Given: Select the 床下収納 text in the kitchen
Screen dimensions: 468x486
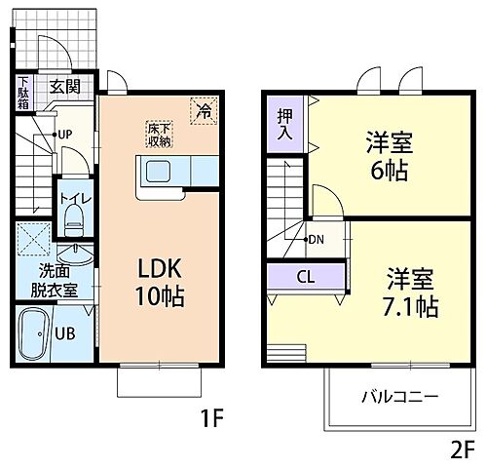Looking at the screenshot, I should click(160, 135).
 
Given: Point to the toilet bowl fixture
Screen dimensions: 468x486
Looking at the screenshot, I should click(72, 221).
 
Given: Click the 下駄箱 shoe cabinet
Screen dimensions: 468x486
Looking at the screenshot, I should click(22, 93).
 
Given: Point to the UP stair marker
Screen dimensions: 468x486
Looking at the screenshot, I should click(65, 134).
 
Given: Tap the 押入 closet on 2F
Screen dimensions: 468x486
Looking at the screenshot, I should click(283, 123).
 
